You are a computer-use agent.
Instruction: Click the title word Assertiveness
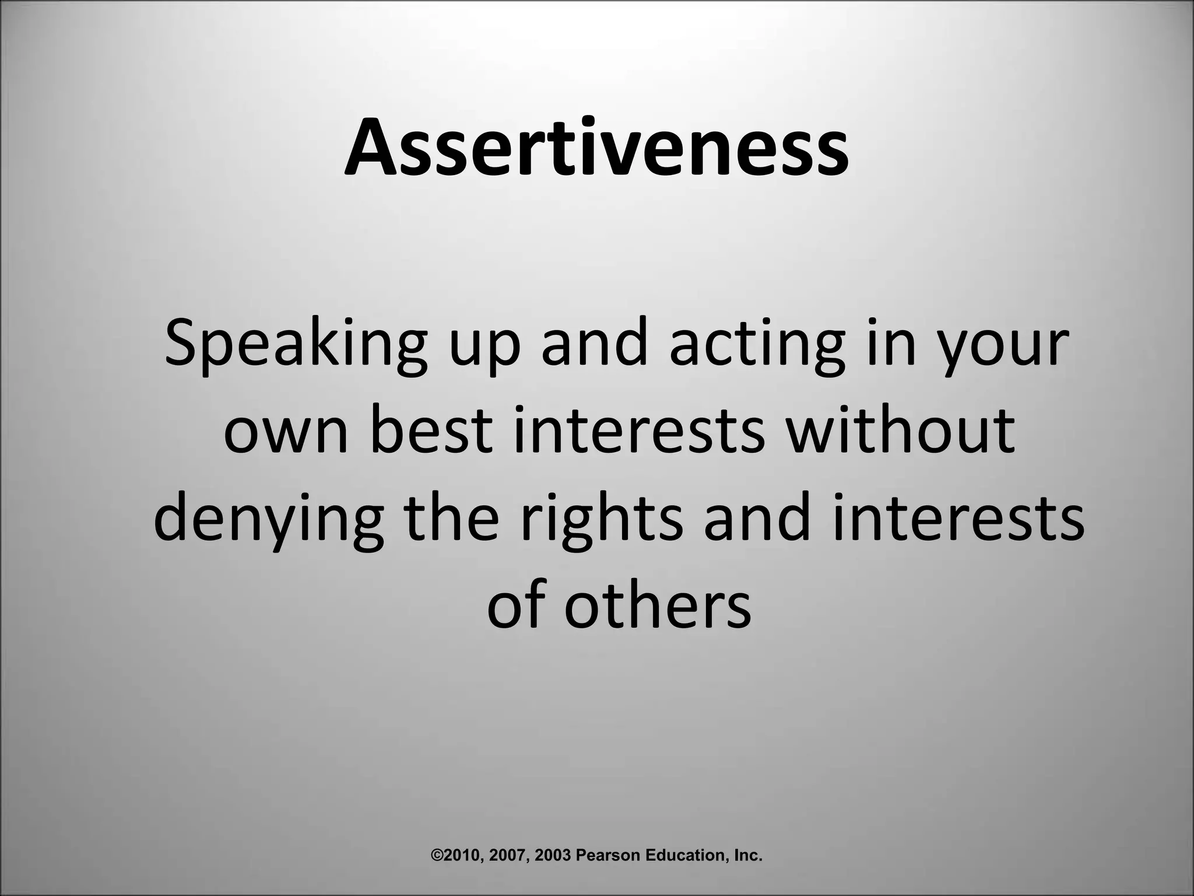(596, 147)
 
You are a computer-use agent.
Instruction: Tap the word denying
(269, 519)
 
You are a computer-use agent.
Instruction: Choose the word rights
(601, 519)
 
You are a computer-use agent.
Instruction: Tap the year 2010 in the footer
(461, 855)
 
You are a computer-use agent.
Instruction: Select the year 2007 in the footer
(510, 855)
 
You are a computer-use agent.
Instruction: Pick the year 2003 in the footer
(554, 855)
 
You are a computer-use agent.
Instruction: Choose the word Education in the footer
(683, 855)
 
